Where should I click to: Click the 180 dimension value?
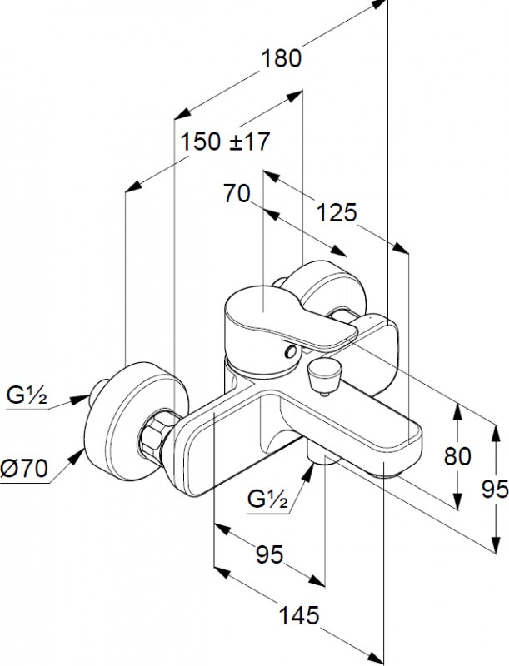coord(281,58)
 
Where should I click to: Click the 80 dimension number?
coord(457,456)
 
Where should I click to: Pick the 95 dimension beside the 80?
coord(494,490)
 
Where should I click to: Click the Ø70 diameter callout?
coord(26,470)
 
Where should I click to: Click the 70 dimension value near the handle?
coord(237,194)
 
